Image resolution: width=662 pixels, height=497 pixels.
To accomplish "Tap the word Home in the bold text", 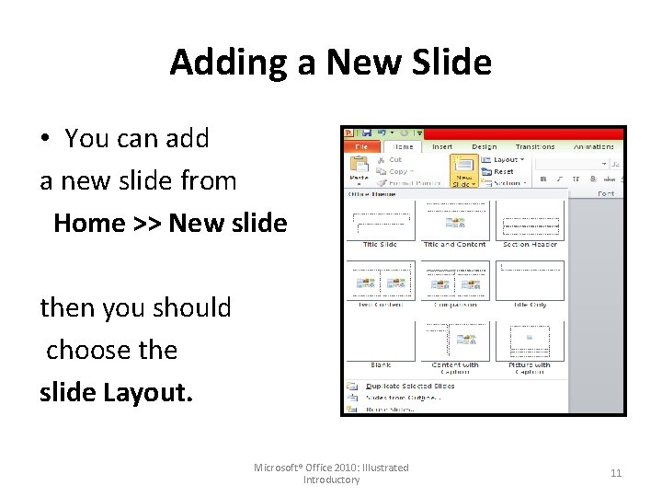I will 90,223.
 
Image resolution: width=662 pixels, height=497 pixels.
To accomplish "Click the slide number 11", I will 616,473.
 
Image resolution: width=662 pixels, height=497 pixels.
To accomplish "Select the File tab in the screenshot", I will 362,146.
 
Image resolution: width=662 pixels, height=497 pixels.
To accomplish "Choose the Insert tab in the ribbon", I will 441,146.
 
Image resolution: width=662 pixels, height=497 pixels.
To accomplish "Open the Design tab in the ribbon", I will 484,146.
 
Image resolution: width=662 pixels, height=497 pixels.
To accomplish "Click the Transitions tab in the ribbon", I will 535,146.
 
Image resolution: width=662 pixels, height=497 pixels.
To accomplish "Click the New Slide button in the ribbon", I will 462,172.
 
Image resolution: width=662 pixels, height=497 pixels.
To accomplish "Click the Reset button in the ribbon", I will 502,171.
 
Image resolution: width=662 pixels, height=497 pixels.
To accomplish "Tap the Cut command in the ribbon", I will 395,159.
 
